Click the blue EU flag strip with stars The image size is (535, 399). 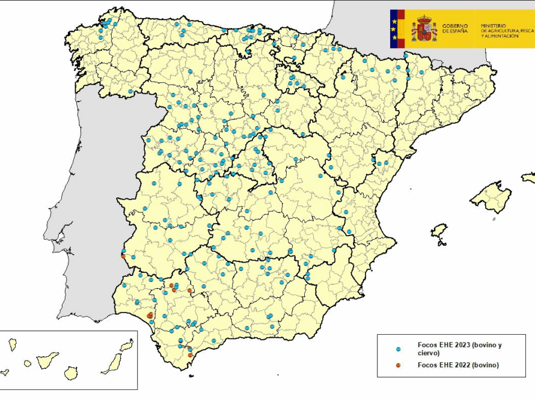pyautogui.click(x=394, y=28)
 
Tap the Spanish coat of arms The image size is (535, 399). pyautogui.click(x=424, y=29)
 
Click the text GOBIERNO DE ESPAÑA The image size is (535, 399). pyautogui.click(x=455, y=29)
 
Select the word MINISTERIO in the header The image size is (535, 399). pyautogui.click(x=494, y=26)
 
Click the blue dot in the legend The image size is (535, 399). pyautogui.click(x=399, y=349)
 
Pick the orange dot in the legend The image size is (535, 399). pyautogui.click(x=399, y=365)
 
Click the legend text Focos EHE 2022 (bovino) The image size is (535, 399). pyautogui.click(x=458, y=365)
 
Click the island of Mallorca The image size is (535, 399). pyautogui.click(x=491, y=198)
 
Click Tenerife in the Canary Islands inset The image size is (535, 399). pyautogui.click(x=47, y=360)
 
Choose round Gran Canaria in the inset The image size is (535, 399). pyautogui.click(x=71, y=373)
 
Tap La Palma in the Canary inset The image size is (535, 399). pyautogui.click(x=12, y=344)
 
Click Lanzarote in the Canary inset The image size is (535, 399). pyautogui.click(x=127, y=346)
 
